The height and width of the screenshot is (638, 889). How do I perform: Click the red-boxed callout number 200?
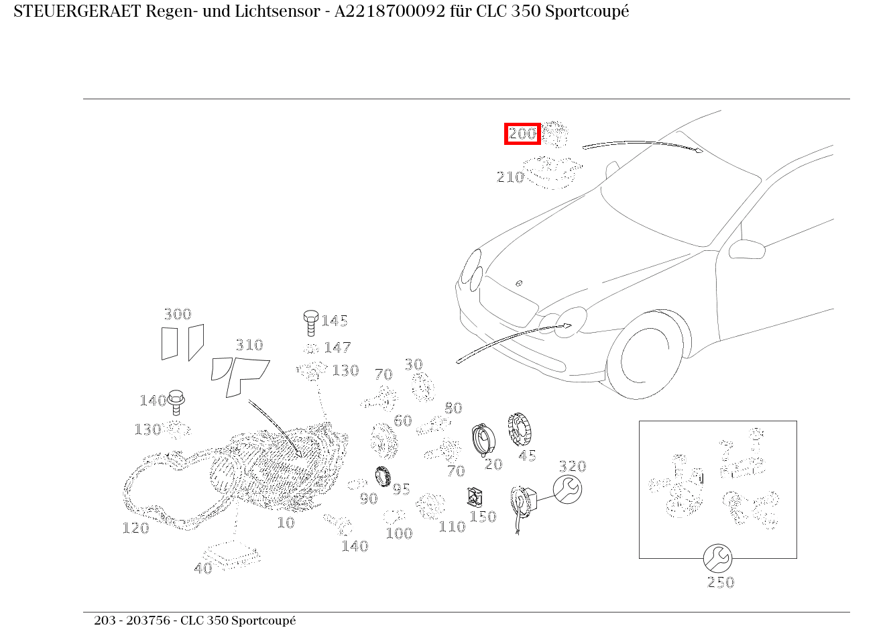(522, 134)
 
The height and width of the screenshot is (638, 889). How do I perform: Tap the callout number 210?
(510, 177)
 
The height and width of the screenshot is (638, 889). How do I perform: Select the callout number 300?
(178, 314)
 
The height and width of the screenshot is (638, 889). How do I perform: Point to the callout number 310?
(249, 345)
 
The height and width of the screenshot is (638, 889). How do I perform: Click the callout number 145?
(334, 321)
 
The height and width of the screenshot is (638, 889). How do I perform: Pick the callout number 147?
(337, 348)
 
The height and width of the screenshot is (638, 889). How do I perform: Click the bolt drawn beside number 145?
(310, 323)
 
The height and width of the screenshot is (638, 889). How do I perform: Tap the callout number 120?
(135, 528)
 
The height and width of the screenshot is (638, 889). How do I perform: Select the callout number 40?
(202, 568)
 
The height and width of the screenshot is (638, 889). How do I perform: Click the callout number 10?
(286, 523)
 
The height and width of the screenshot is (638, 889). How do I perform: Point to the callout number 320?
(572, 466)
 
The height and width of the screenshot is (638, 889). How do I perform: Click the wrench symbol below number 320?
(567, 490)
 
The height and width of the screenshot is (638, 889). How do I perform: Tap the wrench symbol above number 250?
(717, 558)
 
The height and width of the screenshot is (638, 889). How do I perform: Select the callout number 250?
(721, 582)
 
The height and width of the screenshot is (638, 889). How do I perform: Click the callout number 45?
(528, 456)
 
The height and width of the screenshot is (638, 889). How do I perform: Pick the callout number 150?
(483, 517)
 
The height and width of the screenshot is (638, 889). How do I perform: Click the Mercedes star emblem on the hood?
(518, 283)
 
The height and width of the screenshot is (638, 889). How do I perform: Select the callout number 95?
(401, 489)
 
